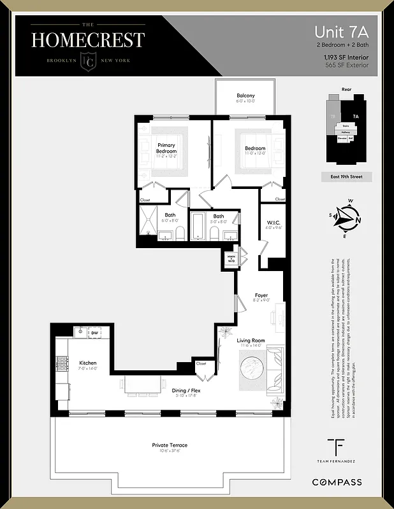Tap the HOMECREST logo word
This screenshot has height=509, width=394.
coord(88,40)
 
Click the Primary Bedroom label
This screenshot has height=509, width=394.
coord(166,149)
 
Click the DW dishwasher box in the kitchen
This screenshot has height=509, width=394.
coord(94,333)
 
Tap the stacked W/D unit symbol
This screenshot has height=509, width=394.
coord(230,258)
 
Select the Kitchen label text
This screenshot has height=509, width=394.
coord(87,363)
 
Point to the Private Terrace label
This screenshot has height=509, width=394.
coord(170,445)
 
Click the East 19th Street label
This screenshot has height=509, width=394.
coord(346,176)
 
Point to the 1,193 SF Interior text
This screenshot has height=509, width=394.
coord(349,57)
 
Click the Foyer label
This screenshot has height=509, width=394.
coord(261,295)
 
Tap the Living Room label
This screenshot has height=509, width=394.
coord(251,341)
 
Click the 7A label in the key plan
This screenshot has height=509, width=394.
coord(355,117)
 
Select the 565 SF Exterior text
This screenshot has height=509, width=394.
coord(351,65)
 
